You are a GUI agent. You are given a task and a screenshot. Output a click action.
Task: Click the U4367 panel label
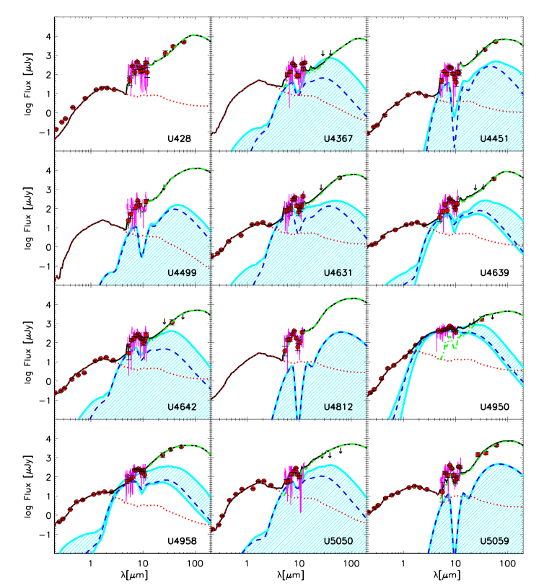tap(338, 138)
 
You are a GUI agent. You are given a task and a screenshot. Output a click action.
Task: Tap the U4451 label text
tap(494, 138)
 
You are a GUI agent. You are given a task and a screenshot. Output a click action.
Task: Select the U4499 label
tap(181, 273)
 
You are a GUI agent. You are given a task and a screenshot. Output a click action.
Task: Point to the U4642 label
tap(182, 407)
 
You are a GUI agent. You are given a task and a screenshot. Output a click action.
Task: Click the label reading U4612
tap(338, 407)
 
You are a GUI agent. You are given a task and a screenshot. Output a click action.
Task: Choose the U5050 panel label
tap(338, 541)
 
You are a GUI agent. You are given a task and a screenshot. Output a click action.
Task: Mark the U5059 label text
tap(494, 541)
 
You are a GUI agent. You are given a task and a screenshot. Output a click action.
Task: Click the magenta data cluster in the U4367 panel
tap(294, 73)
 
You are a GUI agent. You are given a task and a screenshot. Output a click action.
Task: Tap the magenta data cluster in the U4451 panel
tap(450, 76)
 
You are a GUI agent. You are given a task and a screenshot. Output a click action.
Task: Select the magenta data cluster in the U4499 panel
tap(136, 210)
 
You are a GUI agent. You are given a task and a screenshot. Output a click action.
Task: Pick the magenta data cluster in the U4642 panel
tap(137, 343)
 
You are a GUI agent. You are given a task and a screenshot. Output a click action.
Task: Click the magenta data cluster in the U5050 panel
tap(294, 478)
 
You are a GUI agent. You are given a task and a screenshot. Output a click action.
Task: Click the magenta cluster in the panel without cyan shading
tap(138, 73)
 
